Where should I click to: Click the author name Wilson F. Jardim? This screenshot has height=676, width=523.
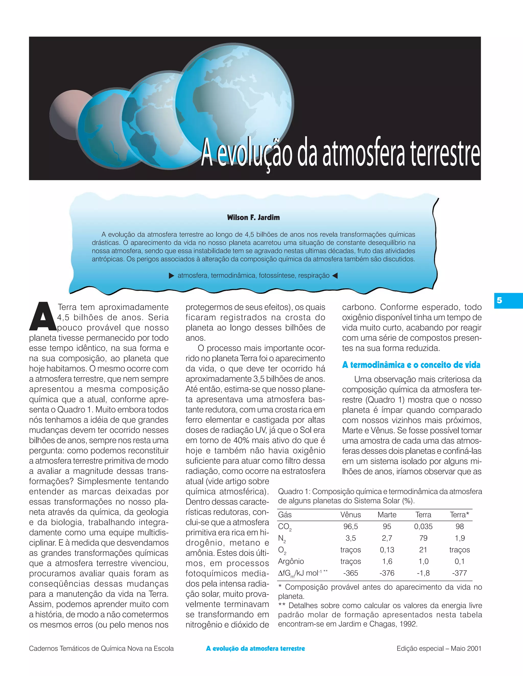[253, 217]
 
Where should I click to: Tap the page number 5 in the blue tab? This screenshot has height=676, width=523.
[499, 300]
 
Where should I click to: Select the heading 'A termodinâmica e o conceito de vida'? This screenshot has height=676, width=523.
[411, 365]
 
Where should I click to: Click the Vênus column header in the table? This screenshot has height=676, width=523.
[350, 515]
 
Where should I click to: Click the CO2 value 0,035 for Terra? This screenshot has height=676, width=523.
[423, 527]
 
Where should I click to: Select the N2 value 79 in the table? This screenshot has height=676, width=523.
[423, 538]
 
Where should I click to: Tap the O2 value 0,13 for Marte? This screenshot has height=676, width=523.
[387, 550]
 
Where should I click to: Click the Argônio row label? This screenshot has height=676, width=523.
[291, 561]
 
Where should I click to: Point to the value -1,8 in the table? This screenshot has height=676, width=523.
[423, 573]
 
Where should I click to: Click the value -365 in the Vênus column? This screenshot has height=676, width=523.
[350, 573]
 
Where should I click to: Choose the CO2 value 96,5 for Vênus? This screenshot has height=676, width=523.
[350, 527]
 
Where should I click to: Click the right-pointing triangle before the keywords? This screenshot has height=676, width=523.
[171, 276]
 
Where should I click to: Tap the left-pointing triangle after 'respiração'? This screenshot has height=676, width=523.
[335, 276]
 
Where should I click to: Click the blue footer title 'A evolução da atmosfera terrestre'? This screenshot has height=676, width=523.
[255, 648]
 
